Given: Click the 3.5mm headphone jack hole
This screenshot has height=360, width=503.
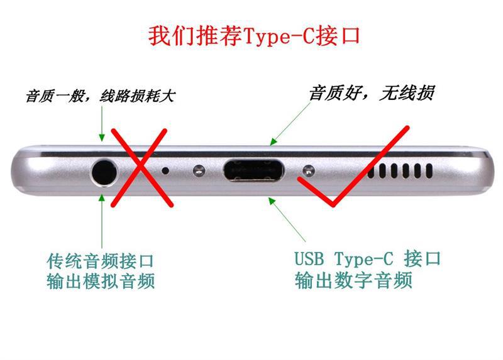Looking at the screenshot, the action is (x=104, y=173).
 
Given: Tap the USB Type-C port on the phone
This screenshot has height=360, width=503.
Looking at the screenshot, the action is (x=253, y=170).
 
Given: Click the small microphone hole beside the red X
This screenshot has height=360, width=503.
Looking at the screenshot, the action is (x=165, y=170).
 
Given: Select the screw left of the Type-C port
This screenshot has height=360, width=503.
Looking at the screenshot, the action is (x=199, y=170).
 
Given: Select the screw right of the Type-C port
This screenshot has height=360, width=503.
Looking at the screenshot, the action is (x=309, y=171).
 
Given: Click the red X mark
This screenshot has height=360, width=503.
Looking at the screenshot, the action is (x=141, y=168).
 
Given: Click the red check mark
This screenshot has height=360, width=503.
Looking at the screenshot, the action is (x=353, y=166).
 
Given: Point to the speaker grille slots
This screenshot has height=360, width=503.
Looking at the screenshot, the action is (x=400, y=170).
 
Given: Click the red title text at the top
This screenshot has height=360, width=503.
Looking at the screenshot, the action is (x=254, y=36).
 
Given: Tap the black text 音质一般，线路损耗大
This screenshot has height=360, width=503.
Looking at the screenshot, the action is (x=101, y=96).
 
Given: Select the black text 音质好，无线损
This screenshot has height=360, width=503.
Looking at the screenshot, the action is (x=372, y=93).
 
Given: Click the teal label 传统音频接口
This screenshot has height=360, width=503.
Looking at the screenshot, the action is (x=101, y=261).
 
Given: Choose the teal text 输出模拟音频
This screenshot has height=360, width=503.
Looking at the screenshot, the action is (x=101, y=281).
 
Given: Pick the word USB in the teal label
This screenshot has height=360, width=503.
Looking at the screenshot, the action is (x=309, y=258).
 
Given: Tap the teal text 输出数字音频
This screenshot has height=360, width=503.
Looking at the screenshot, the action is (x=353, y=280).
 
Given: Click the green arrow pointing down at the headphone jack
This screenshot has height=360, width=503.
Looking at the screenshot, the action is (x=102, y=124).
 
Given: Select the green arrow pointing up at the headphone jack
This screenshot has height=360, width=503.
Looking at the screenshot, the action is (x=102, y=221).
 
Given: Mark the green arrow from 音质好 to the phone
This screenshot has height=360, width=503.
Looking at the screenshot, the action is (x=290, y=124).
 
